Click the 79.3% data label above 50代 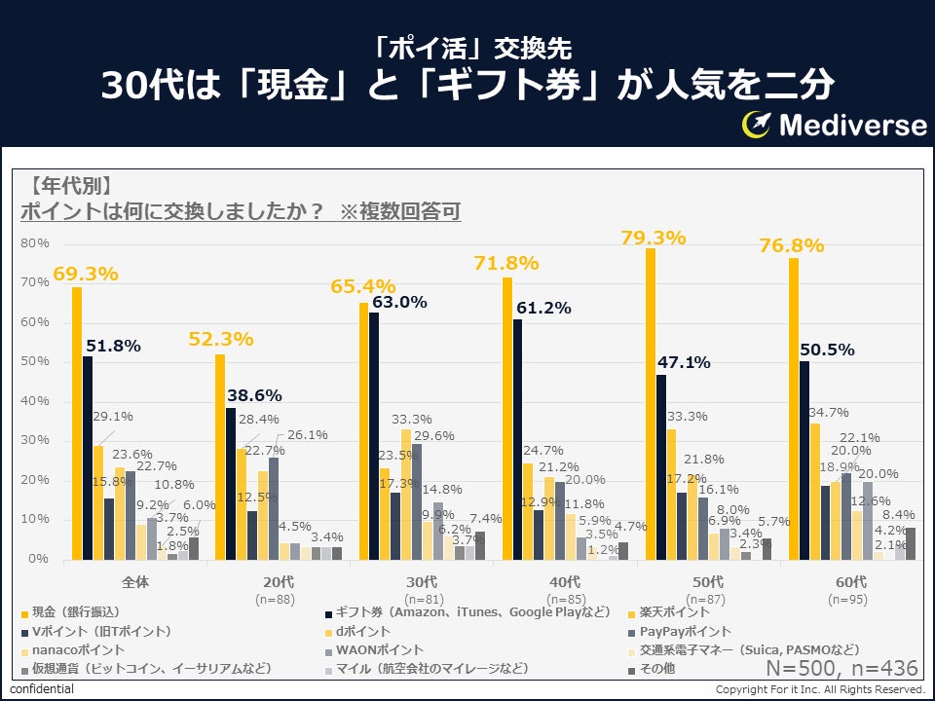tap(653, 238)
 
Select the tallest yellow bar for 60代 tap(794, 409)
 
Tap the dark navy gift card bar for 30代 tap(375, 436)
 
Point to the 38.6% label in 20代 tap(254, 395)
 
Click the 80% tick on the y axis tap(36, 243)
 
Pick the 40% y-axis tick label tap(36, 402)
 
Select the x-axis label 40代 tap(566, 582)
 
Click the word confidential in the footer tap(42, 690)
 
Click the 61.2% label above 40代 tap(544, 308)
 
